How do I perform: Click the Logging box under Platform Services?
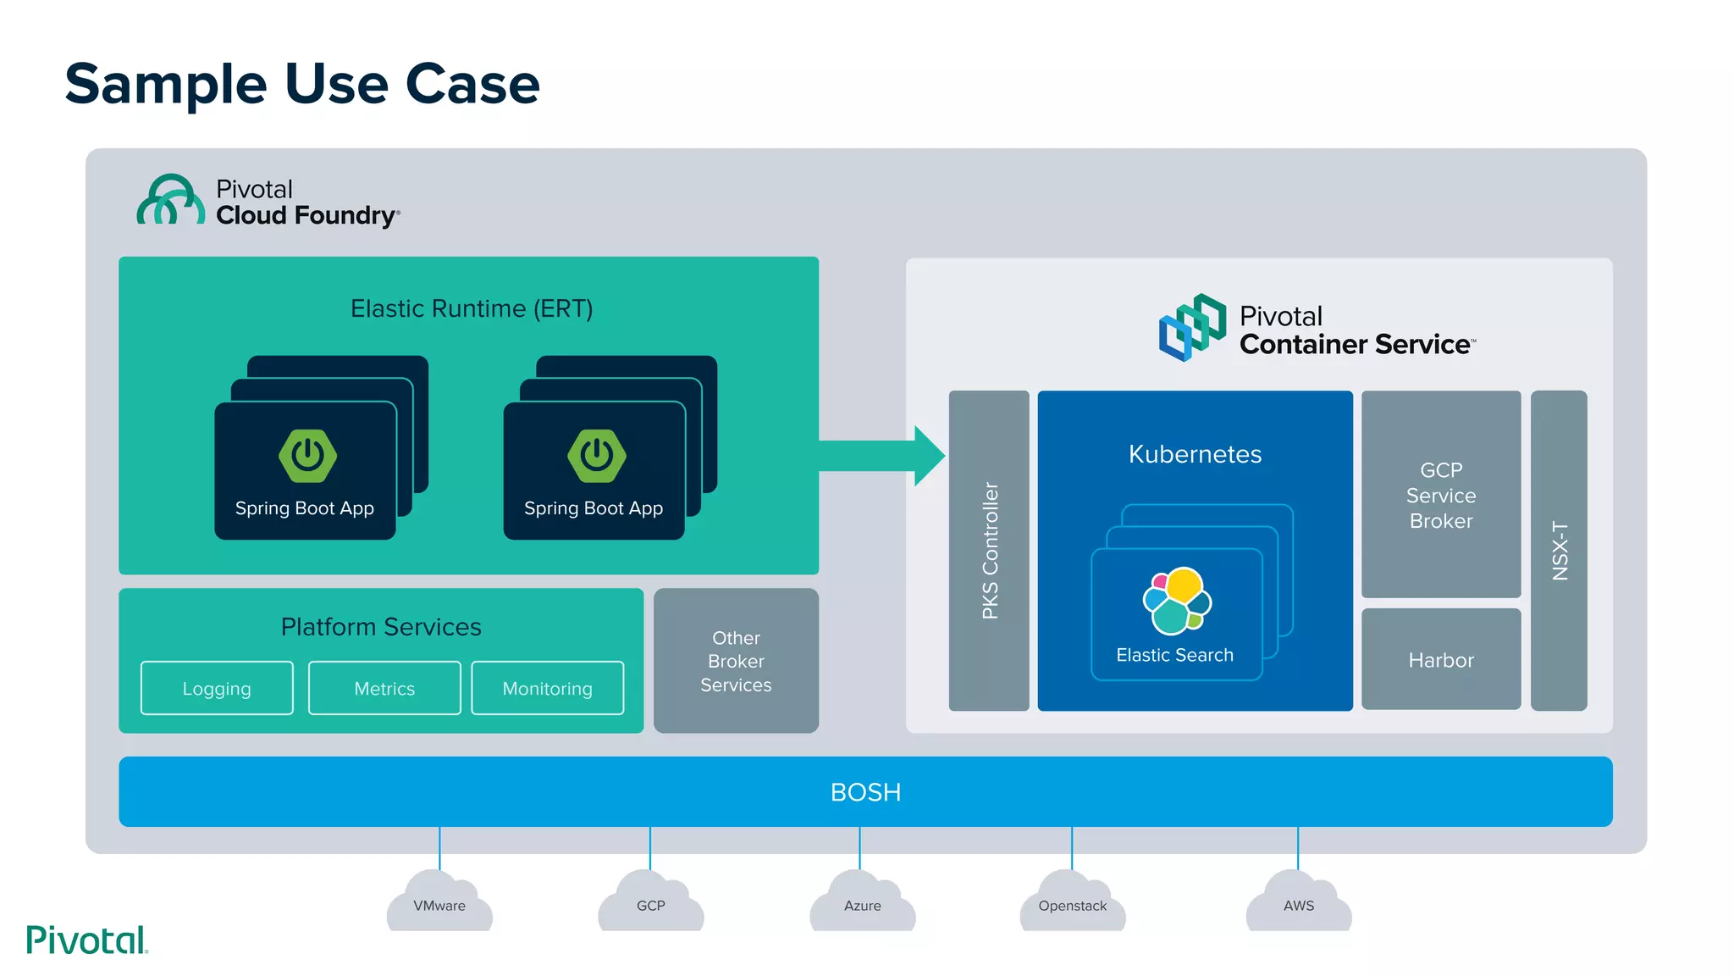217,688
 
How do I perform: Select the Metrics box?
384,688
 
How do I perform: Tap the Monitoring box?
547,688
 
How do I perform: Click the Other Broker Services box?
736,661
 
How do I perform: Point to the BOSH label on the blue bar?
865,792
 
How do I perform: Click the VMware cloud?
439,904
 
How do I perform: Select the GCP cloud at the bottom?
650,904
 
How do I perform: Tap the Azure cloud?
862,904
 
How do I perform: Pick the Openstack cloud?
1073,904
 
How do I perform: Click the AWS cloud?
1299,904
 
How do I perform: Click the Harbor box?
1441,660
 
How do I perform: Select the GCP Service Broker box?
1441,495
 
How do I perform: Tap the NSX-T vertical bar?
1559,551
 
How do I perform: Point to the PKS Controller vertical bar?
989,551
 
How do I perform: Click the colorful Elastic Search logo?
1177,601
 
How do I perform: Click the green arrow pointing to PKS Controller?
881,456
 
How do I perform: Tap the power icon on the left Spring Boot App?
308,456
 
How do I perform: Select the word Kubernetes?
1195,454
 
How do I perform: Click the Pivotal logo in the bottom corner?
87,940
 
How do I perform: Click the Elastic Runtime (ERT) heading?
472,308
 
